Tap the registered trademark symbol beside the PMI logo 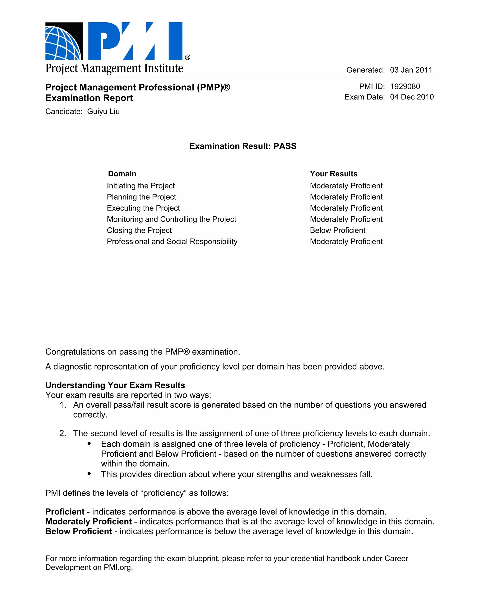coord(187,57)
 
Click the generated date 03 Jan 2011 coord(411,70)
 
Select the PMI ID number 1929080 coord(405,86)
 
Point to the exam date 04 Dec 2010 coord(411,97)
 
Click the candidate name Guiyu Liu coord(103,112)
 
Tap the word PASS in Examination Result coord(285,146)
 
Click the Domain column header coord(122,174)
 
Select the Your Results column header coord(333,174)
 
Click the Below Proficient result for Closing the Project coord(337,230)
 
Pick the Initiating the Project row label coord(140,186)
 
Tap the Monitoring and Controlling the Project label coord(171,219)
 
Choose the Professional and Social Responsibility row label coord(172,241)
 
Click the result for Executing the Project coord(346,208)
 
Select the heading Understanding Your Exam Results coord(115,385)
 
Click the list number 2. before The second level coord(63,433)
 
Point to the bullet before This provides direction coord(89,473)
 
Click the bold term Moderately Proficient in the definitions coord(89,521)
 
